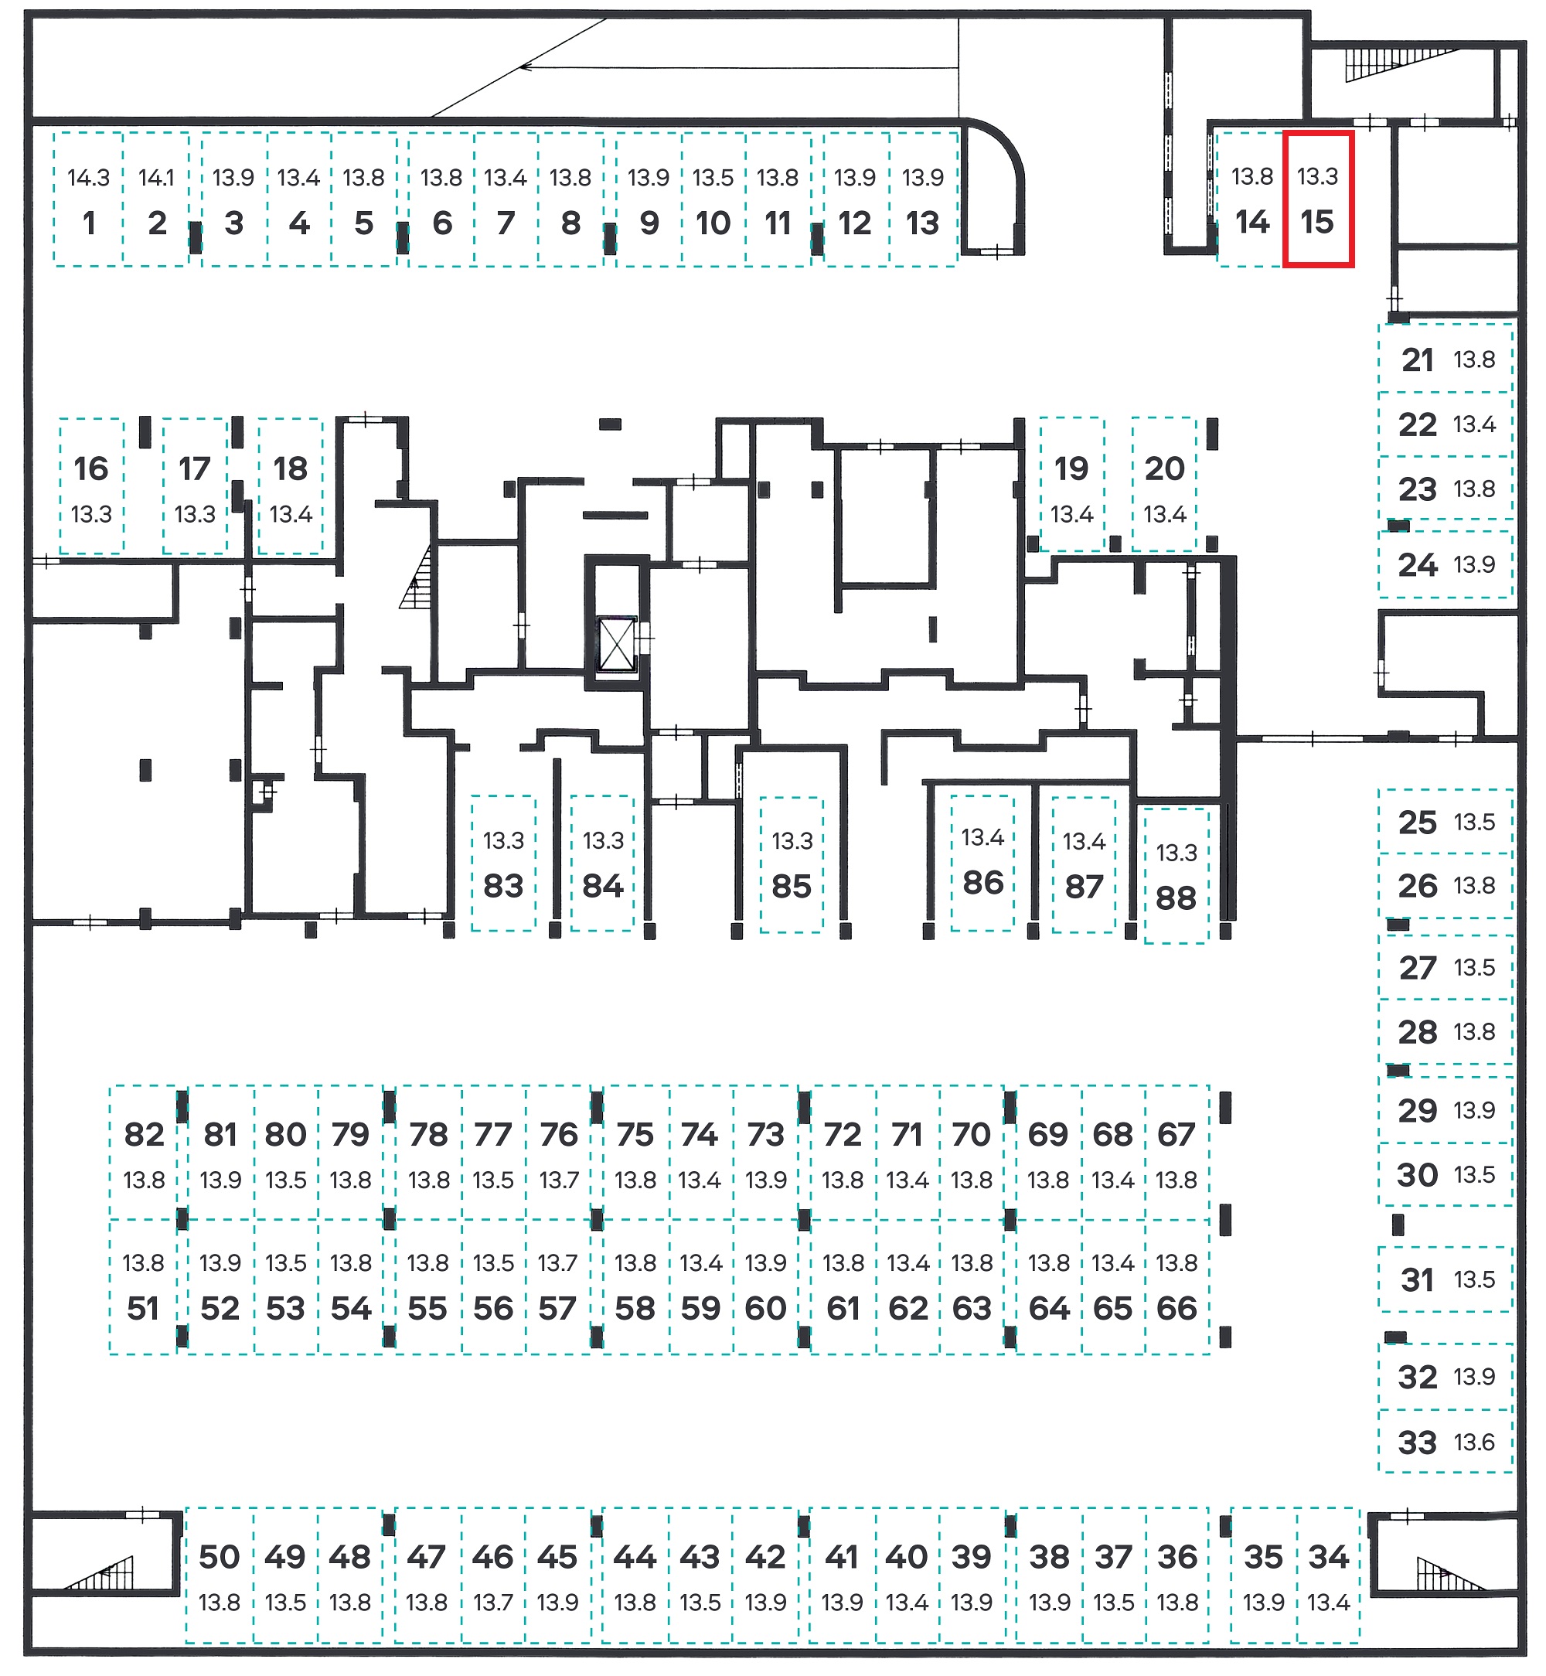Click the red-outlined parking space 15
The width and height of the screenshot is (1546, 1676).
pyautogui.click(x=1319, y=199)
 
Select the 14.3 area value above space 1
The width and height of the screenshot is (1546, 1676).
pyautogui.click(x=89, y=177)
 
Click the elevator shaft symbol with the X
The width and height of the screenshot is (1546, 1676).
pyautogui.click(x=617, y=644)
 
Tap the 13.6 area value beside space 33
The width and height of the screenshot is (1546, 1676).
pyautogui.click(x=1474, y=1442)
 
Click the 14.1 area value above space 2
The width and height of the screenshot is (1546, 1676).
pyautogui.click(x=156, y=177)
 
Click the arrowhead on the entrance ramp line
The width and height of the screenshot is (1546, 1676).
pyautogui.click(x=526, y=66)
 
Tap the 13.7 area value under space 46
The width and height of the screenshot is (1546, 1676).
pyautogui.click(x=492, y=1603)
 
